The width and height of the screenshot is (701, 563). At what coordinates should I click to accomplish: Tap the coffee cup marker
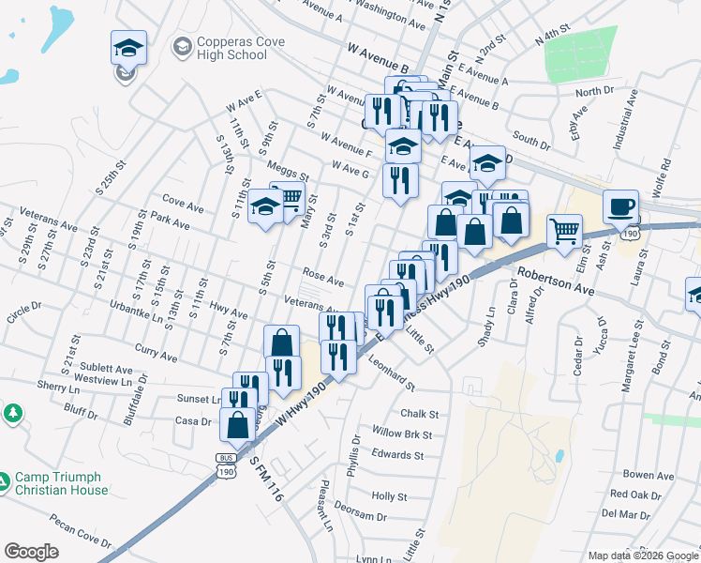(x=619, y=206)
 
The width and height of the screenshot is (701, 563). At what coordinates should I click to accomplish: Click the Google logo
(x=31, y=551)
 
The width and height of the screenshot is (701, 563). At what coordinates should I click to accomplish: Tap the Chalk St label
(x=419, y=414)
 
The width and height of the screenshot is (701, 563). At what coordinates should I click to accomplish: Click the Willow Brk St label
(x=401, y=434)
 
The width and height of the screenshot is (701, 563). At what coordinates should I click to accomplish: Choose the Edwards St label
(x=397, y=455)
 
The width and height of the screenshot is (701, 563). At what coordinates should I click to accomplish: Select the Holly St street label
(x=390, y=496)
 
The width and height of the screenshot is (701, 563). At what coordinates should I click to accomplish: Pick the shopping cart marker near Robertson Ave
(x=564, y=230)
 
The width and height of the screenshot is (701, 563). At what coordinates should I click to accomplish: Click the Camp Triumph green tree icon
(x=12, y=413)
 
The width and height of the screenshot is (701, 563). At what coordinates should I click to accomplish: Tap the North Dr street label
(x=593, y=92)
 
